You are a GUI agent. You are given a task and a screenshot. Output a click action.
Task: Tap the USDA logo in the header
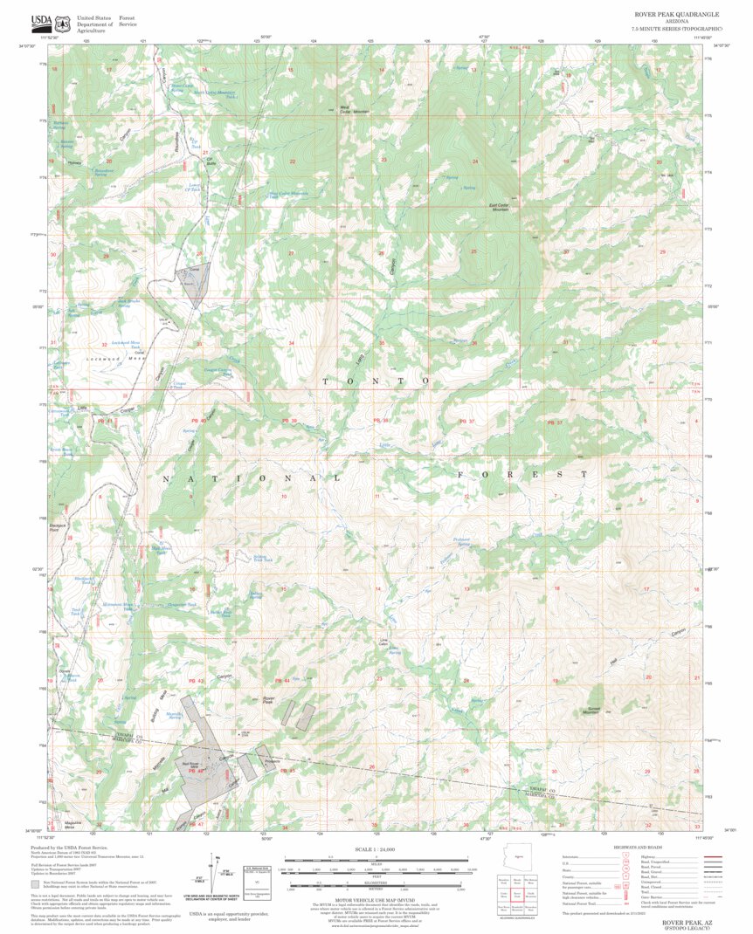(41, 22)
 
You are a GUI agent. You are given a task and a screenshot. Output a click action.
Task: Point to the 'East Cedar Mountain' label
(500, 207)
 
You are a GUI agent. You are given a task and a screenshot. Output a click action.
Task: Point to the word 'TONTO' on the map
(376, 381)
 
